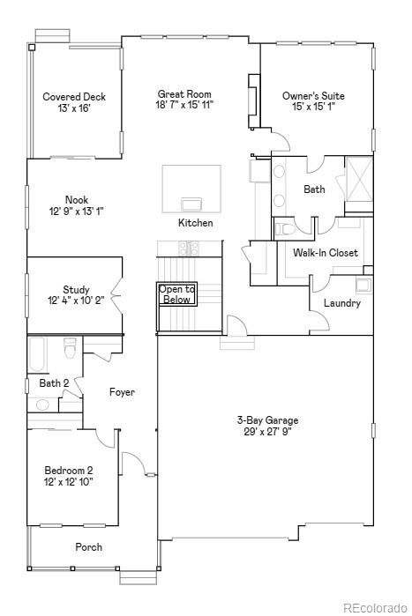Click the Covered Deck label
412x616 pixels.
point(74,97)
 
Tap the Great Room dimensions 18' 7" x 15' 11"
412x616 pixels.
point(184,105)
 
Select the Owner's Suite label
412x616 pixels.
point(313,96)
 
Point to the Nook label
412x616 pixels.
point(76,200)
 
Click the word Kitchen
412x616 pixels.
point(195,223)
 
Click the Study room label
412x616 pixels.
point(76,290)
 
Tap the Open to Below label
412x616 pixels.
point(176,294)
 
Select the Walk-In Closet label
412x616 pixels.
point(326,253)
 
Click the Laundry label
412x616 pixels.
point(341,303)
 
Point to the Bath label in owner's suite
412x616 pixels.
point(314,189)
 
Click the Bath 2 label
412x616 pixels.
point(54,383)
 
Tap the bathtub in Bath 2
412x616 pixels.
point(36,354)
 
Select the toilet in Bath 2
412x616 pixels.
point(71,352)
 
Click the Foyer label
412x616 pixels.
point(122,392)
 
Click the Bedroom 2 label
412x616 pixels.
point(70,471)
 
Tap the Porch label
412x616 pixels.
point(88,547)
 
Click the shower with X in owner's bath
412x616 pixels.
point(358,179)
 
